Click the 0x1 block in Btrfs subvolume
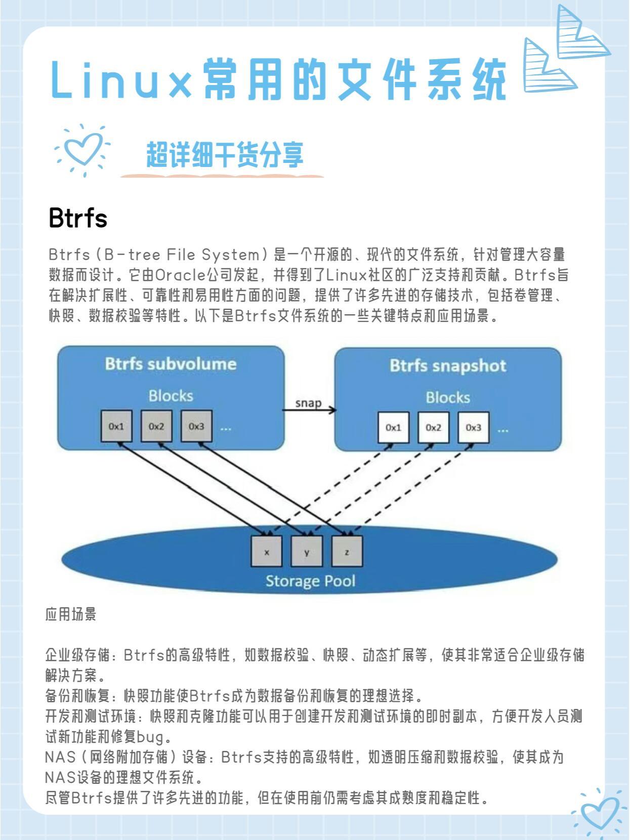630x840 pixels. coord(116,426)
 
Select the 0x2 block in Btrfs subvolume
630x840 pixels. coord(156,426)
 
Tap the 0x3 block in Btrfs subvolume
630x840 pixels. coord(196,426)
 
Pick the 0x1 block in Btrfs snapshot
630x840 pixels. coord(393,428)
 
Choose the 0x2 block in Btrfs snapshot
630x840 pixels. coord(433,428)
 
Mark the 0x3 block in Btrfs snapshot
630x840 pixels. coord(473,428)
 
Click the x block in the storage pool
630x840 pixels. coord(267,551)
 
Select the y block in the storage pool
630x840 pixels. coord(306,551)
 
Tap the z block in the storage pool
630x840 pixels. coord(347,551)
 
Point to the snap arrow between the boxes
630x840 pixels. coord(310,410)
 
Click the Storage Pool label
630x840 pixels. coord(310,581)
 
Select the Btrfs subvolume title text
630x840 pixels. coord(171,364)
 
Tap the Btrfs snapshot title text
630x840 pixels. coord(448,366)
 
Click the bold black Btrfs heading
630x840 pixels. coord(78,218)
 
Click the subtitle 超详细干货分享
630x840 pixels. coord(225,155)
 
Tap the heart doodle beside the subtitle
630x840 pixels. coord(82,150)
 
